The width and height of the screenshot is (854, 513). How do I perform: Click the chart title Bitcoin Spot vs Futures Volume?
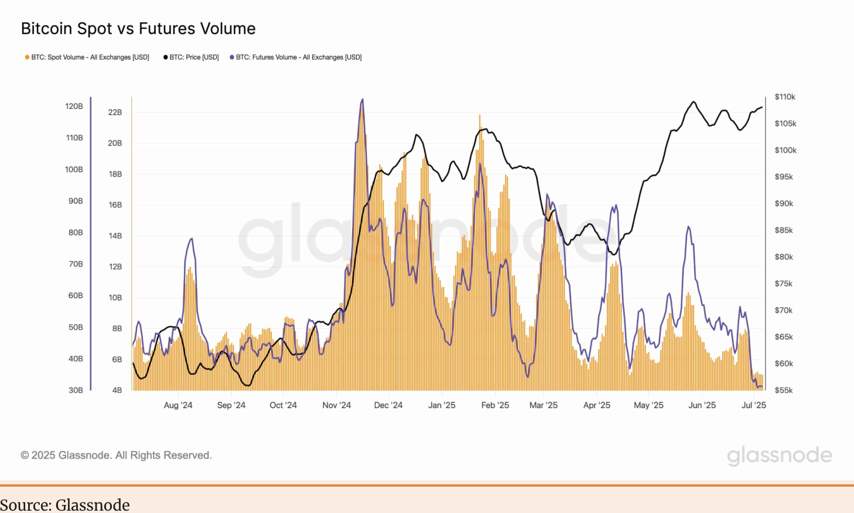coord(138,29)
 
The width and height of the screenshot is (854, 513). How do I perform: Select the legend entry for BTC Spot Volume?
coord(87,57)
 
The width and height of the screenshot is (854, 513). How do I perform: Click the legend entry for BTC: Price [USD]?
coord(191,57)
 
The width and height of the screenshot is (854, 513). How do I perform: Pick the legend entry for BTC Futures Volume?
coord(296,57)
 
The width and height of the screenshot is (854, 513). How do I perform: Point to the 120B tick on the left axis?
coord(74,107)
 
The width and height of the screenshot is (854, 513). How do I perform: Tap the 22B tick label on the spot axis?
coord(115,112)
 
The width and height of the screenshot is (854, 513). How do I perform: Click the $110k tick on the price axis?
coord(785,97)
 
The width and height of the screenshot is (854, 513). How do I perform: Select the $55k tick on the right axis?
coord(784,390)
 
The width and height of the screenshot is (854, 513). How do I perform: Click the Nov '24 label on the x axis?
coord(337,405)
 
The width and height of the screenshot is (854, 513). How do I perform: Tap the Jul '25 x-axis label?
coord(754,405)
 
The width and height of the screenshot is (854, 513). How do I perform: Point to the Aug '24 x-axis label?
coord(178,405)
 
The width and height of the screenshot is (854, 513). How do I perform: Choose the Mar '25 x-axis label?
coord(544,405)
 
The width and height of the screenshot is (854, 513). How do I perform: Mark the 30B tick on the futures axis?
coord(76,390)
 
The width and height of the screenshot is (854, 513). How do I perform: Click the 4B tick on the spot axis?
coord(117,390)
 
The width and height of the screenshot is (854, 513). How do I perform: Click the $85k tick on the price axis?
coord(784,230)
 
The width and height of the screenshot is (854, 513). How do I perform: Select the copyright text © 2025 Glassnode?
coord(116,455)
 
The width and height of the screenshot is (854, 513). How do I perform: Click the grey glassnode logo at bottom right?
coord(780,456)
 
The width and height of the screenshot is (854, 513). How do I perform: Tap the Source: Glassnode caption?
coord(65,505)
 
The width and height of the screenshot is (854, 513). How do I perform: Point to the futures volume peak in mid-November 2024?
coord(363,100)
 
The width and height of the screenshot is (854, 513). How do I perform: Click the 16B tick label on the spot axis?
coord(115,205)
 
